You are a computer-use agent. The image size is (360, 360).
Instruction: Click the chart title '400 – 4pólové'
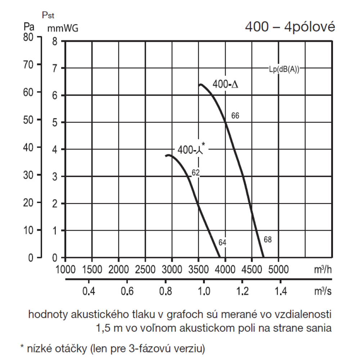pyautogui.click(x=290, y=27)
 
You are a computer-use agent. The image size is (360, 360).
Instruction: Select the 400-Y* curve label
pyautogui.click(x=191, y=149)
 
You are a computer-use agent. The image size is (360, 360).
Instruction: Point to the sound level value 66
pyautogui.click(x=235, y=116)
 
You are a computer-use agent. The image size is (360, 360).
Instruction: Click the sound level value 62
pyautogui.click(x=195, y=173)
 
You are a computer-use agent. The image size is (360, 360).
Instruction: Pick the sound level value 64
pyautogui.click(x=222, y=243)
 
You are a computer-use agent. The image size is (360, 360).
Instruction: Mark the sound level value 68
pyautogui.click(x=267, y=239)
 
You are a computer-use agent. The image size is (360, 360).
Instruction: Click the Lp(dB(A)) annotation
pyautogui.click(x=284, y=70)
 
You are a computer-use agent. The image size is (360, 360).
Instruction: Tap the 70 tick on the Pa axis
pyautogui.click(x=28, y=65)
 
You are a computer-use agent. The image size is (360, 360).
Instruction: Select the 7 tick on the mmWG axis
pyautogui.click(x=55, y=68)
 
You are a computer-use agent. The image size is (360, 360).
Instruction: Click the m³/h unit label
pyautogui.click(x=322, y=269)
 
